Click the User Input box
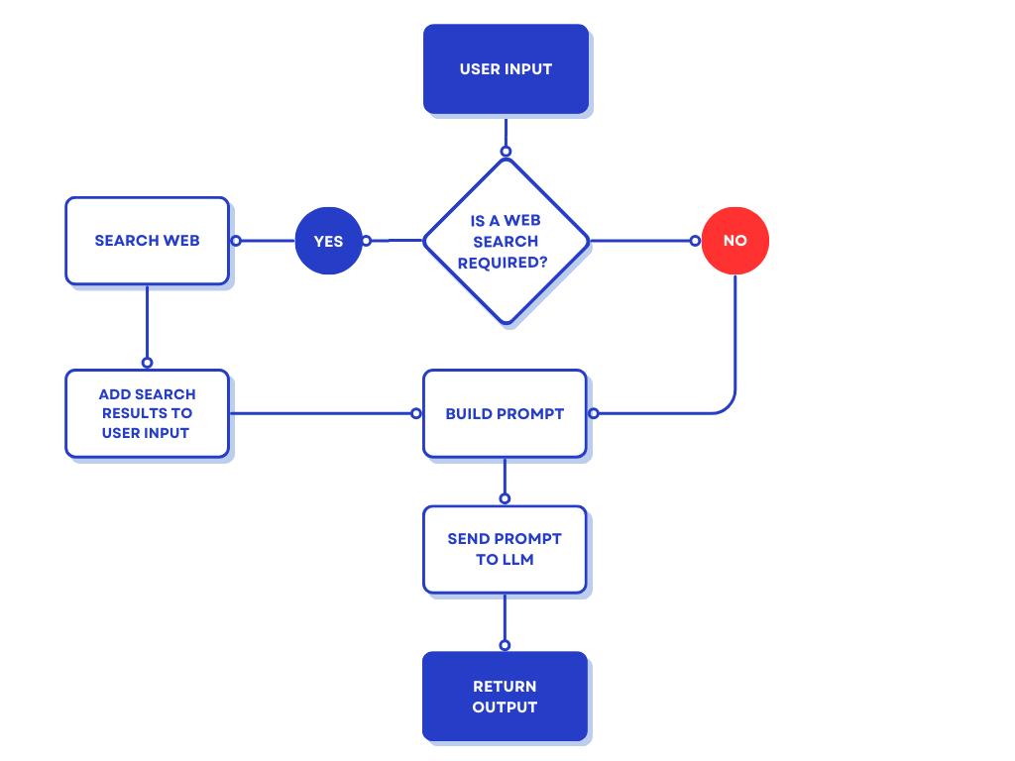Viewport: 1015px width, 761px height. (506, 69)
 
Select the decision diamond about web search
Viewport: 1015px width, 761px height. (506, 241)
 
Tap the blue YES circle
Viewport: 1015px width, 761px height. (328, 241)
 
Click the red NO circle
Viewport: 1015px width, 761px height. (734, 241)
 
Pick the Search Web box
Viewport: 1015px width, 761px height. (147, 241)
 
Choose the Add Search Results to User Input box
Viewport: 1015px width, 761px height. (147, 413)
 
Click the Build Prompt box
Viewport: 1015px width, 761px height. (505, 413)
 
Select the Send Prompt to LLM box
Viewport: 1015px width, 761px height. (505, 549)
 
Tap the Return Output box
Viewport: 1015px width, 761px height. (505, 696)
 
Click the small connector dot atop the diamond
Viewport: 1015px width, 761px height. (506, 152)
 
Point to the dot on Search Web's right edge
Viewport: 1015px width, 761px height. (236, 241)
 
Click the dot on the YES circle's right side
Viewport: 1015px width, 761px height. (366, 241)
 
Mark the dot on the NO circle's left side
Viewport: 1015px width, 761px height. (696, 241)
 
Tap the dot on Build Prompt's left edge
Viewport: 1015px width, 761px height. (416, 413)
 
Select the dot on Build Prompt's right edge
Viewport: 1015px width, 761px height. (593, 413)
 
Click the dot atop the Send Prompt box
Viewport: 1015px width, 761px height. (505, 498)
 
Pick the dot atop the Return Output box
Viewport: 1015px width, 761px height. (505, 645)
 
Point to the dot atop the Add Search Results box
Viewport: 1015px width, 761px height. (147, 362)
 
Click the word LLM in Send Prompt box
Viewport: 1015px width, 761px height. (517, 560)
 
